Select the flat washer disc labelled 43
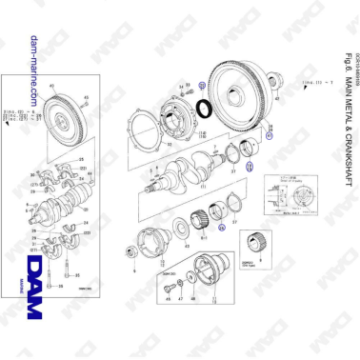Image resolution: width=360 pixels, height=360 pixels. (x=181, y=230)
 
